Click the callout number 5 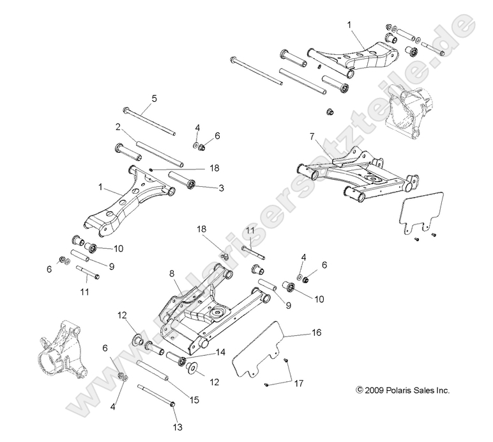pyautogui.click(x=154, y=99)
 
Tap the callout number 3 pyautogui.click(x=221, y=188)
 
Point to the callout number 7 pyautogui.click(x=312, y=137)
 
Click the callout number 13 pyautogui.click(x=177, y=425)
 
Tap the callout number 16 pyautogui.click(x=316, y=333)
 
